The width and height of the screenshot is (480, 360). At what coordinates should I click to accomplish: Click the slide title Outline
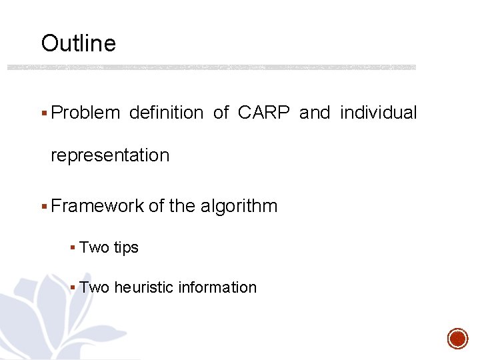click(x=78, y=44)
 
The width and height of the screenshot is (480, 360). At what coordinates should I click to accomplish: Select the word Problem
click(x=85, y=113)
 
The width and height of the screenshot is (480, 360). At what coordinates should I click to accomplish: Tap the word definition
click(x=166, y=113)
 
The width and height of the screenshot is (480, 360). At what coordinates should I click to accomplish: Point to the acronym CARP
click(x=263, y=113)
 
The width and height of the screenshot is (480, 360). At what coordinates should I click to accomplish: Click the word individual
click(x=378, y=113)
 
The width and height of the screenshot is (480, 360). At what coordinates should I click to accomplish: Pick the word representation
click(x=110, y=156)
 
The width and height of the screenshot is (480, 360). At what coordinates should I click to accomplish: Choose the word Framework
click(x=97, y=206)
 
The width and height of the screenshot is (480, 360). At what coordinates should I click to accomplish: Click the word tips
click(x=126, y=248)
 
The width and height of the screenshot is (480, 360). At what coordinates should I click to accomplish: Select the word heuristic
click(x=141, y=288)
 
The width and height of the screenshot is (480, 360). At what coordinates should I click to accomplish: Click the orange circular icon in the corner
click(x=457, y=338)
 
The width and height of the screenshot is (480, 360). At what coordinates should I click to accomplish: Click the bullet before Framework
click(x=44, y=207)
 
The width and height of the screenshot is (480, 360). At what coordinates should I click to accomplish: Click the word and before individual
click(x=315, y=113)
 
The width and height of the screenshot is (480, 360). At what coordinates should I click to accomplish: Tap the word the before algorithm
click(x=182, y=206)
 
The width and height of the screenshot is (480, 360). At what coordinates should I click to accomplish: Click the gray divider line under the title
click(x=211, y=67)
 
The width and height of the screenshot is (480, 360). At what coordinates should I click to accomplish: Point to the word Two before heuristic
click(x=94, y=288)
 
